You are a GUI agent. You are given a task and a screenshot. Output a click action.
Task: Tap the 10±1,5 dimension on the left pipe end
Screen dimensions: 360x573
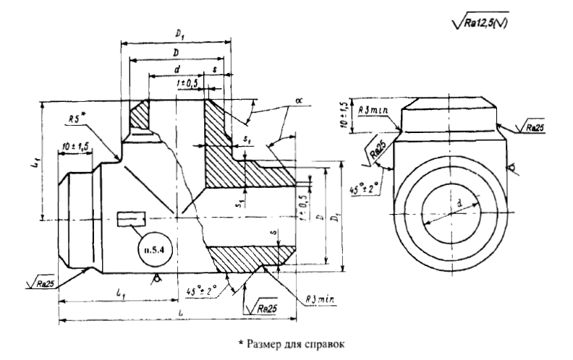tap(75, 147)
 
